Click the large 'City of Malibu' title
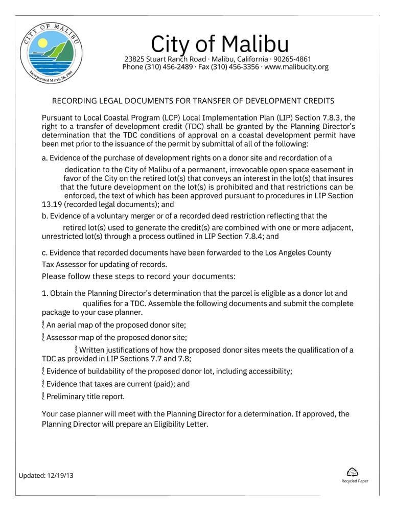coord(220,44)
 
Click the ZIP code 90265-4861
coord(292,59)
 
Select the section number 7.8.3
coord(332,118)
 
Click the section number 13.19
coord(51,204)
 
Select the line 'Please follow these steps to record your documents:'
coord(138,276)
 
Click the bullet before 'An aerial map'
coord(43,325)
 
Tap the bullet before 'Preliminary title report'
coord(43,396)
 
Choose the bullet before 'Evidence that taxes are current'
coord(43,384)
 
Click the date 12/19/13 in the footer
coord(60,475)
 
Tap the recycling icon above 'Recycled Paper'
coord(352,472)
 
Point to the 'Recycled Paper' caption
coord(355,481)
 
